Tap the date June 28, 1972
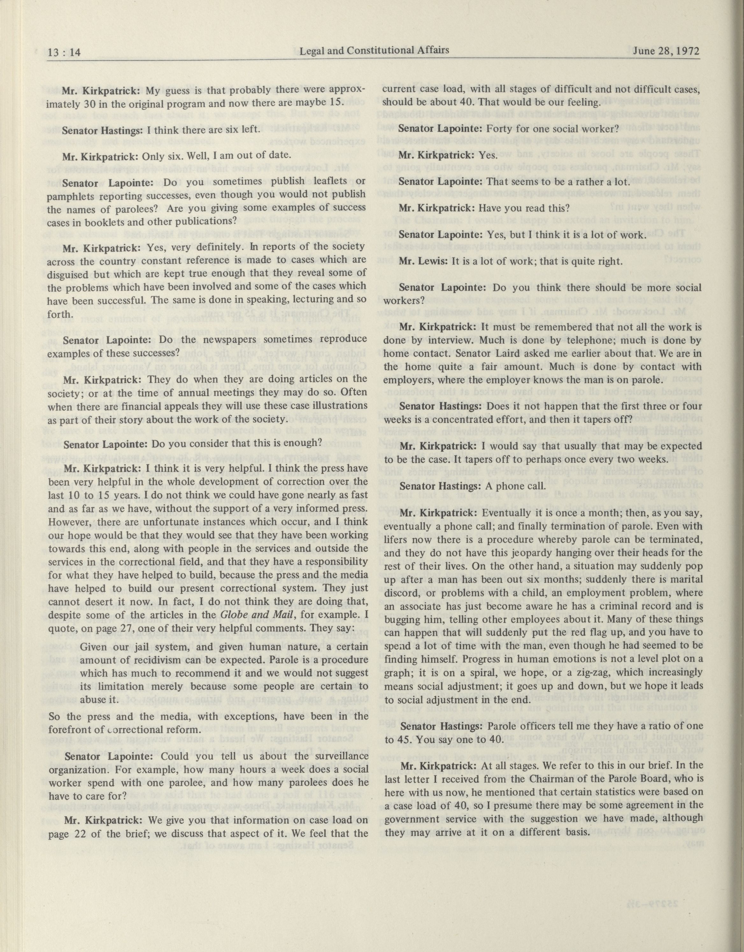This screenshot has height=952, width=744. (x=666, y=51)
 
